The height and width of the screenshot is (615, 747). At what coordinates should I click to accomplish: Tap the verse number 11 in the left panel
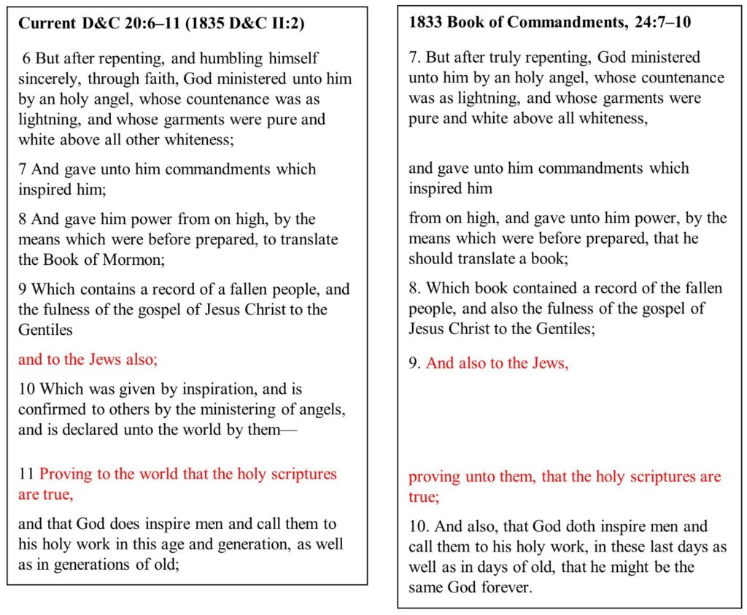click(x=26, y=474)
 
